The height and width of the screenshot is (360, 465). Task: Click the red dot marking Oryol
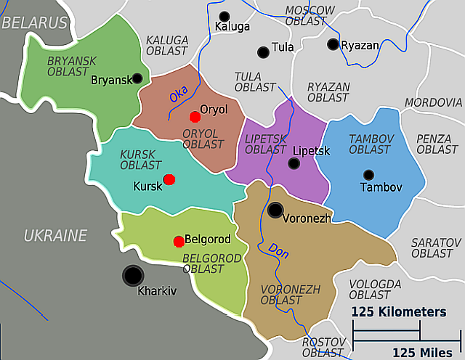click(x=194, y=116)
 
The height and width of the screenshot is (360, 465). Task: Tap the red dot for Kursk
click(x=169, y=179)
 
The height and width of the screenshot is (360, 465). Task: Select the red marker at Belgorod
click(x=179, y=241)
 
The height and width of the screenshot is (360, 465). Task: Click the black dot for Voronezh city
click(x=275, y=210)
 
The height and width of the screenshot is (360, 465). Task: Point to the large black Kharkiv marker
click(x=133, y=275)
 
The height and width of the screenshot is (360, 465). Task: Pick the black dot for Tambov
click(x=368, y=174)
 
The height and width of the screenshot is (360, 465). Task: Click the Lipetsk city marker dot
click(x=294, y=163)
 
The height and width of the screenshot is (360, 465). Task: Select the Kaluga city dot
click(x=224, y=16)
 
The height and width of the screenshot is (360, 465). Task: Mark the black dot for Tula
click(x=263, y=52)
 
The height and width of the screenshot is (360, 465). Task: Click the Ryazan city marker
click(x=333, y=44)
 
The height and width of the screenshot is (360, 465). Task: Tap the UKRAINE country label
click(x=55, y=235)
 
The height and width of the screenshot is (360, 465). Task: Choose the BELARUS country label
click(x=34, y=22)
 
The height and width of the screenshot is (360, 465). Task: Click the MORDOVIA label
click(x=433, y=102)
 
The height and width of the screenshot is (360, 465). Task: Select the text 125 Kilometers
click(x=399, y=312)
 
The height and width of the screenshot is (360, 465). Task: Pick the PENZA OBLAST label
click(x=437, y=144)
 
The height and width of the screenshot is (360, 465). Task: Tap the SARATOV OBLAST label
click(x=432, y=247)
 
